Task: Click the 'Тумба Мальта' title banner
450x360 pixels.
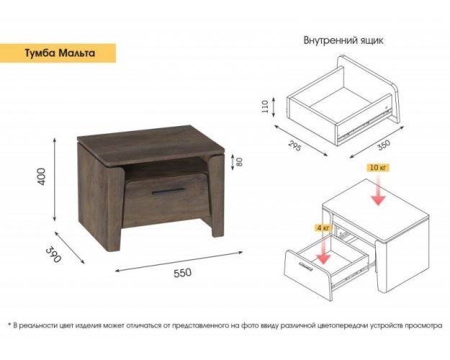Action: click(58, 53)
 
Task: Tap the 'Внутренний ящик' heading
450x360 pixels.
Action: click(343, 40)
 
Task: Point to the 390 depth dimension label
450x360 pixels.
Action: click(53, 254)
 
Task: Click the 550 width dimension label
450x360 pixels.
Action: click(183, 273)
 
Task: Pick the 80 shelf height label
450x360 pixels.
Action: click(240, 161)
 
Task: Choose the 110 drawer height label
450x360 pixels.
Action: click(265, 107)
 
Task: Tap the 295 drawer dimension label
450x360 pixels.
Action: click(294, 146)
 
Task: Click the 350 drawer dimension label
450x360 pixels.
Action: click(384, 145)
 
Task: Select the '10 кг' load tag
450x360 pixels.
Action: click(378, 167)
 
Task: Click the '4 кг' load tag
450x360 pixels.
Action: click(323, 228)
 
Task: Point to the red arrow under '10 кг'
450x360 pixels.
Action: click(378, 189)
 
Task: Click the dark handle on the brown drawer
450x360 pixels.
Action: click(168, 192)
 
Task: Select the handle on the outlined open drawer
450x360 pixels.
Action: click(305, 266)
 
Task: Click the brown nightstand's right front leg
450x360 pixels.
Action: click(217, 196)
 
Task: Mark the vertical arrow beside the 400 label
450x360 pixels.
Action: click(55, 180)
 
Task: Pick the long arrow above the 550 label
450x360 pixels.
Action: click(179, 261)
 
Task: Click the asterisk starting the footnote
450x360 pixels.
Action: click(9, 325)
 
